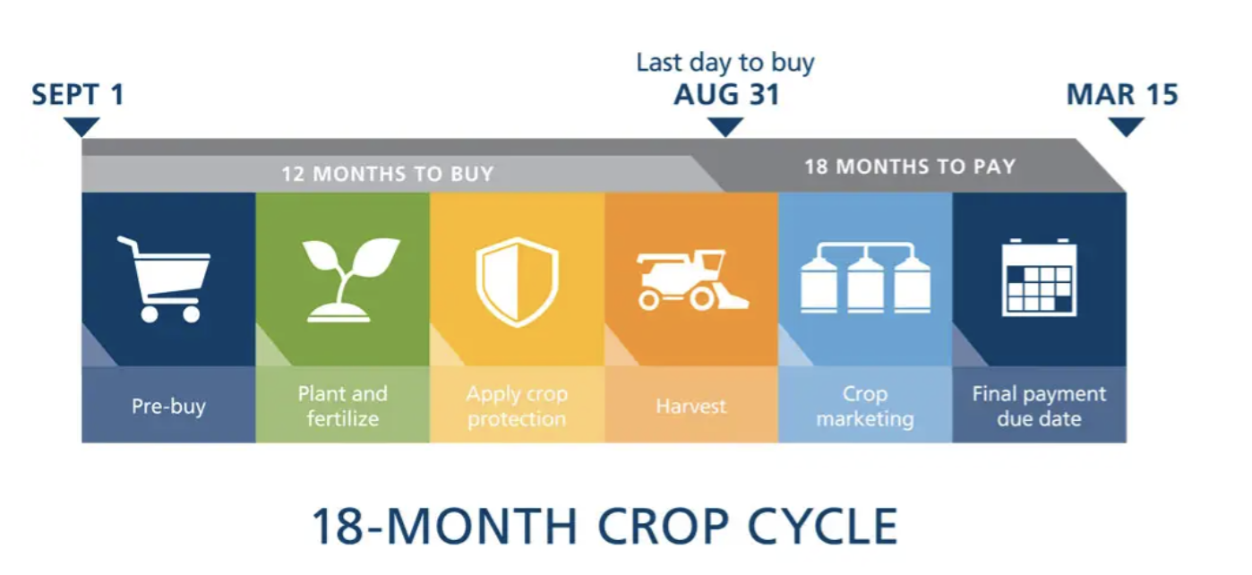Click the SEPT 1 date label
[x=78, y=95]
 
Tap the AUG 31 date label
[x=726, y=95]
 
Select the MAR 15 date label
[x=1122, y=95]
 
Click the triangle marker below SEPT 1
[x=81, y=127]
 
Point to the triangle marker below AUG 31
[x=725, y=127]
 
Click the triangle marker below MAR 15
[x=1126, y=127]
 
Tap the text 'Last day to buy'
[x=725, y=63]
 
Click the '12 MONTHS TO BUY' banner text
[x=388, y=174]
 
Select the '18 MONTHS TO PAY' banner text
[x=910, y=167]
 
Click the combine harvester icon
[x=691, y=281]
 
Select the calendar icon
[x=1039, y=278]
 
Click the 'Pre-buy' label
[x=168, y=406]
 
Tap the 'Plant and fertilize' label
[x=342, y=406]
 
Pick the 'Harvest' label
[x=690, y=406]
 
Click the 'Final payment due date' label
[x=1039, y=406]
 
